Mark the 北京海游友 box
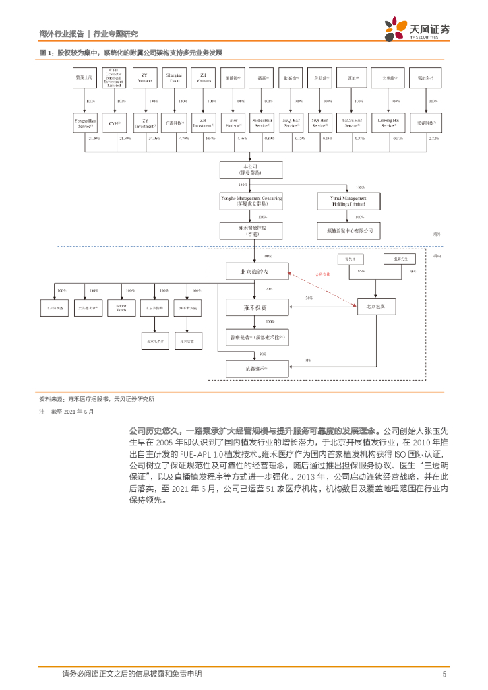(253, 272)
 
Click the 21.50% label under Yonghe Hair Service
(94, 138)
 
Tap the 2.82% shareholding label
(433, 138)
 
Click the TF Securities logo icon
(392, 30)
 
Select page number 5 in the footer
(444, 673)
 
